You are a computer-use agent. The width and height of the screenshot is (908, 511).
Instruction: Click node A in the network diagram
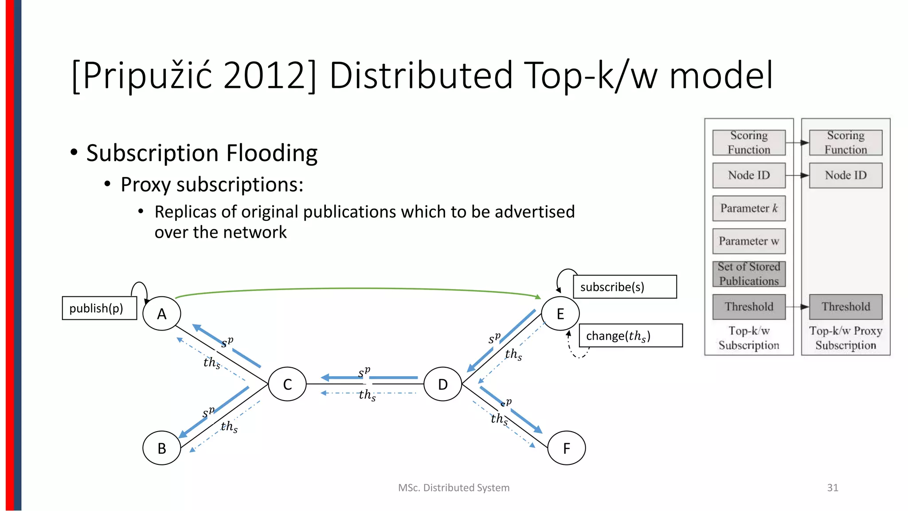pyautogui.click(x=162, y=314)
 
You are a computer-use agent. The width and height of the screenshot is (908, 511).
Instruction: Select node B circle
pyautogui.click(x=162, y=448)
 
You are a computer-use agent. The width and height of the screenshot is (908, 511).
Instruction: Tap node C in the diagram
pyautogui.click(x=287, y=384)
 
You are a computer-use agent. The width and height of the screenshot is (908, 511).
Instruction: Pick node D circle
pyautogui.click(x=442, y=384)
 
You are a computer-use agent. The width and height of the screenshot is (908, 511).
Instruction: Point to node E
pyautogui.click(x=560, y=314)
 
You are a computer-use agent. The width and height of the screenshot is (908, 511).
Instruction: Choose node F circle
pyautogui.click(x=567, y=448)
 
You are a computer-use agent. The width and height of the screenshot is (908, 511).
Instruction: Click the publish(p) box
pyautogui.click(x=99, y=308)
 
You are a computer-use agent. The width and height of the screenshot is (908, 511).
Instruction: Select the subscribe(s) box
pyautogui.click(x=625, y=287)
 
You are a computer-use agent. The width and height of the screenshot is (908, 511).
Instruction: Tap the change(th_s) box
pyautogui.click(x=630, y=336)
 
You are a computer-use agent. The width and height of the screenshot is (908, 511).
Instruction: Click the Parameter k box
pyautogui.click(x=749, y=208)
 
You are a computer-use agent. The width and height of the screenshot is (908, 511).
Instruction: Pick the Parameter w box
pyautogui.click(x=749, y=241)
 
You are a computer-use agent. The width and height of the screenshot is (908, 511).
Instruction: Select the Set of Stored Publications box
pyautogui.click(x=749, y=274)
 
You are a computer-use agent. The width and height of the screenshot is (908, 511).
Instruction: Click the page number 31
pyautogui.click(x=833, y=487)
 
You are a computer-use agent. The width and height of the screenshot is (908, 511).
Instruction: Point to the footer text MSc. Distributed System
pyautogui.click(x=454, y=487)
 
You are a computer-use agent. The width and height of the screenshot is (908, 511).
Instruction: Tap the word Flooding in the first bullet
pyautogui.click(x=272, y=153)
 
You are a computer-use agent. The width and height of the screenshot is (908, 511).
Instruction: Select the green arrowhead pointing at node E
pyautogui.click(x=538, y=297)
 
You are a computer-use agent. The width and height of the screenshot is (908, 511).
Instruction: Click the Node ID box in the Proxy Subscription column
pyautogui.click(x=845, y=175)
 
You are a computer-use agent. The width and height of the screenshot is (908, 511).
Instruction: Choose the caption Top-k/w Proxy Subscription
pyautogui.click(x=845, y=338)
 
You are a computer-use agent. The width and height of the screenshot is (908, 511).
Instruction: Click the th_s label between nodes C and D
pyautogui.click(x=367, y=395)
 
